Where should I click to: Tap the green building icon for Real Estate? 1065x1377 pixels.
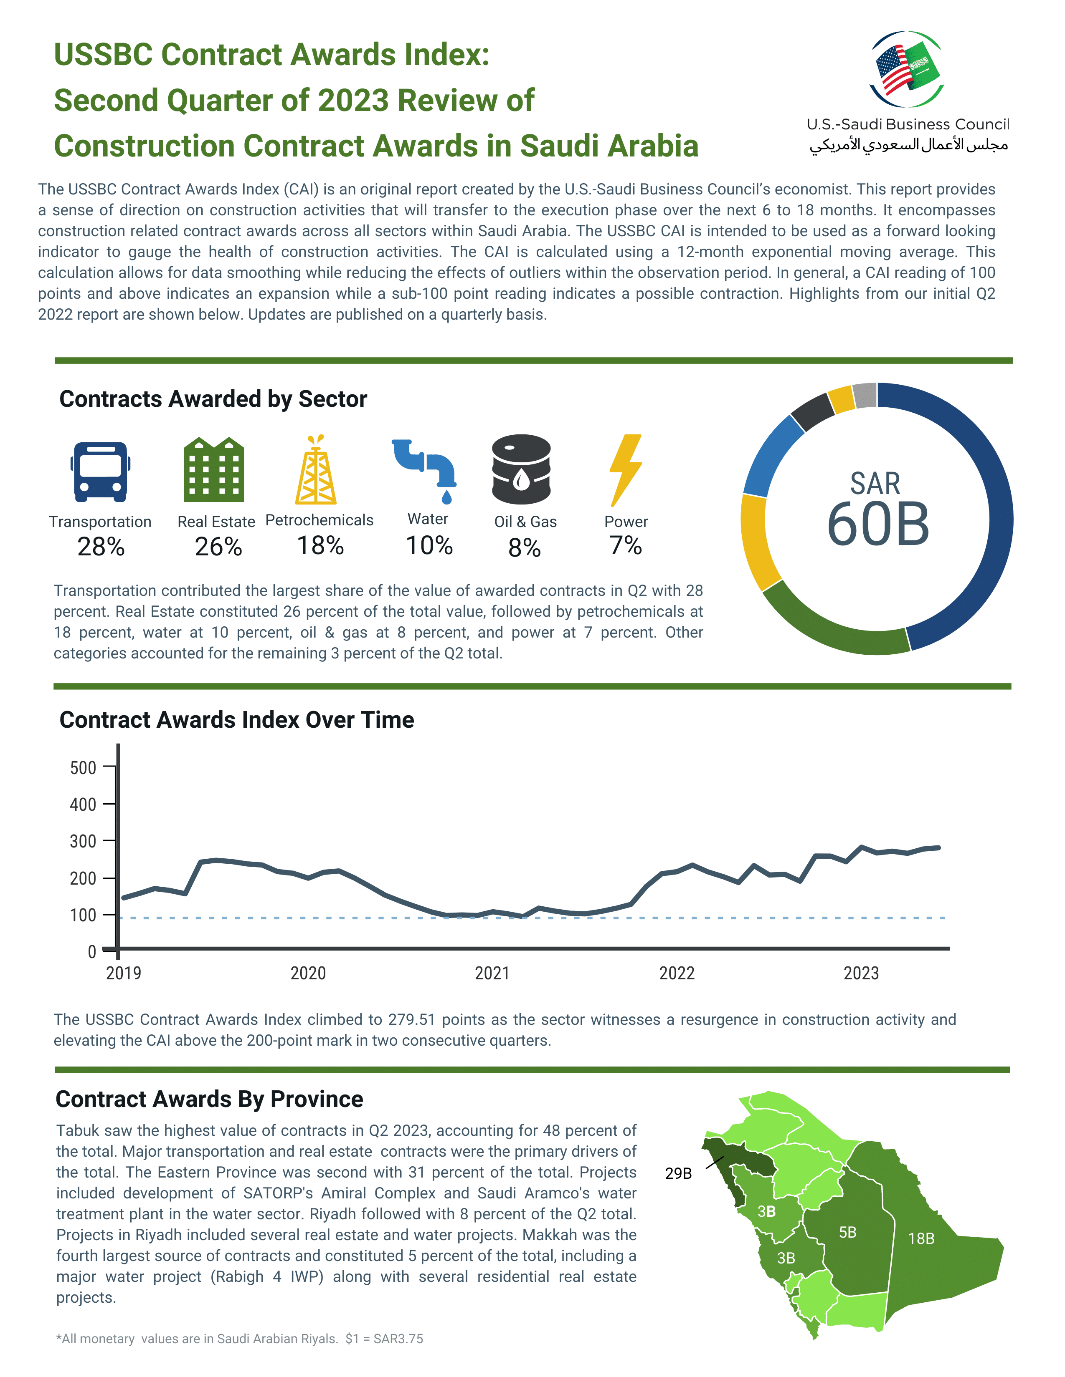click(x=214, y=470)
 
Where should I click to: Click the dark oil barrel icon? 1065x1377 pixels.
click(x=521, y=470)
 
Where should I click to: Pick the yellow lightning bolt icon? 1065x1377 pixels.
click(x=625, y=470)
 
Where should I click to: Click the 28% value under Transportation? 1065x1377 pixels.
click(x=101, y=547)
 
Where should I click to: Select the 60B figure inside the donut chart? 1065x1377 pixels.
click(x=877, y=524)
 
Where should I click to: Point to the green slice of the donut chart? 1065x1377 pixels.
click(x=833, y=627)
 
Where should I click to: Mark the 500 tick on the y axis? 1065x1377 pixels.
click(x=83, y=768)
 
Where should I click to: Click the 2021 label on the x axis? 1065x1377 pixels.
click(x=492, y=973)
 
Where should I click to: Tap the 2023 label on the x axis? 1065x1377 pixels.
click(x=861, y=973)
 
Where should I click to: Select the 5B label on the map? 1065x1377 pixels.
click(x=847, y=1232)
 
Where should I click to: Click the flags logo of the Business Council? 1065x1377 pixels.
click(x=907, y=69)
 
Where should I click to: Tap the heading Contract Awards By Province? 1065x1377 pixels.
click(x=210, y=1099)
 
